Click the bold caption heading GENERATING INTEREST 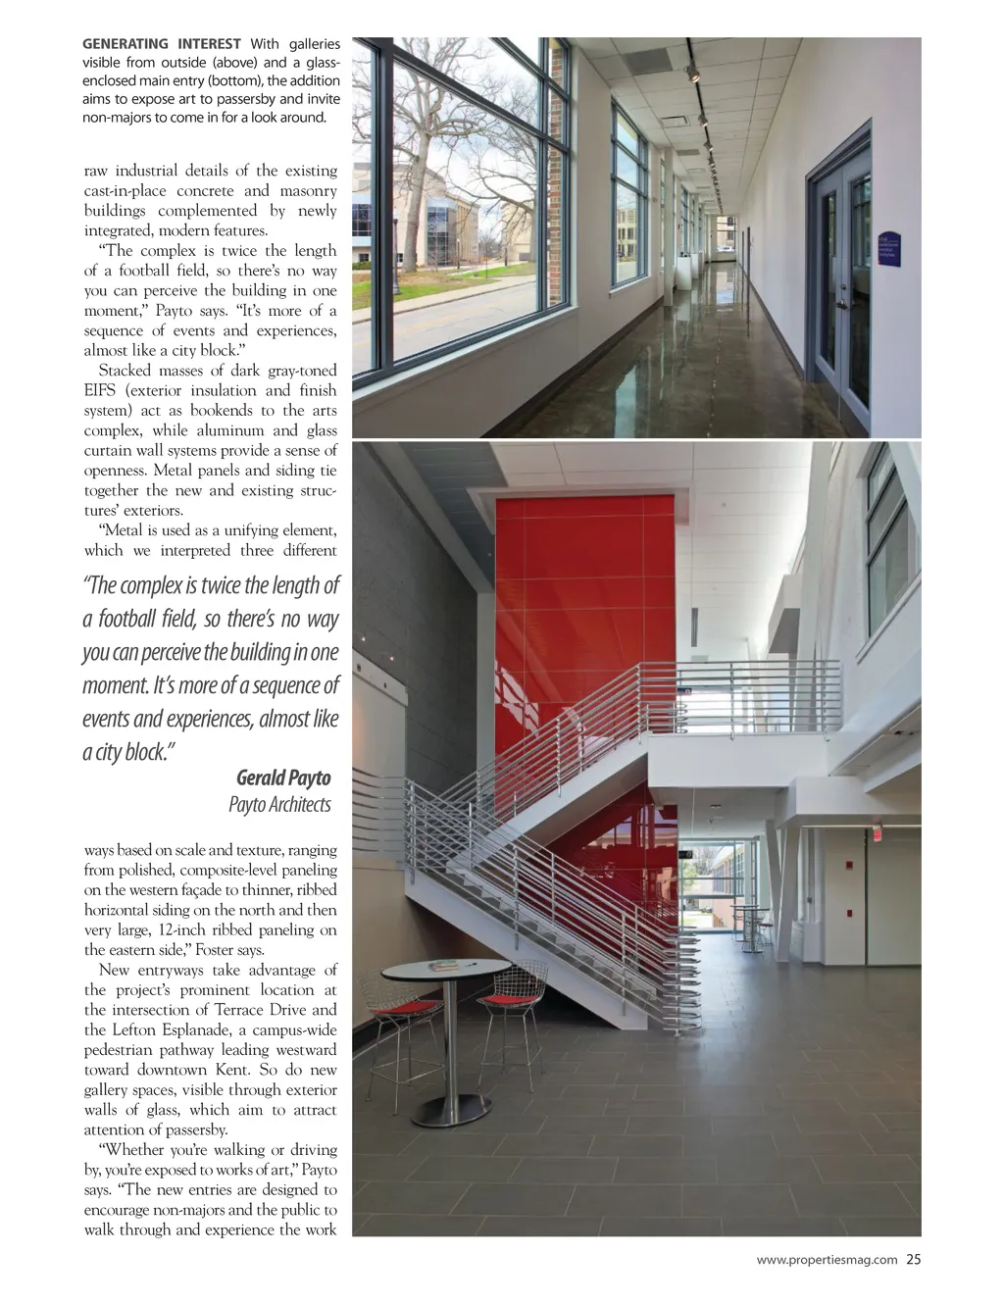click(161, 44)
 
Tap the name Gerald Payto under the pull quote click(283, 778)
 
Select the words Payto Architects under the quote click(279, 805)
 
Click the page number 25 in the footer click(913, 1260)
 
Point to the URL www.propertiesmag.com click(827, 1260)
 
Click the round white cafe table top click(445, 971)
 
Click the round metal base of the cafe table click(451, 1110)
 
